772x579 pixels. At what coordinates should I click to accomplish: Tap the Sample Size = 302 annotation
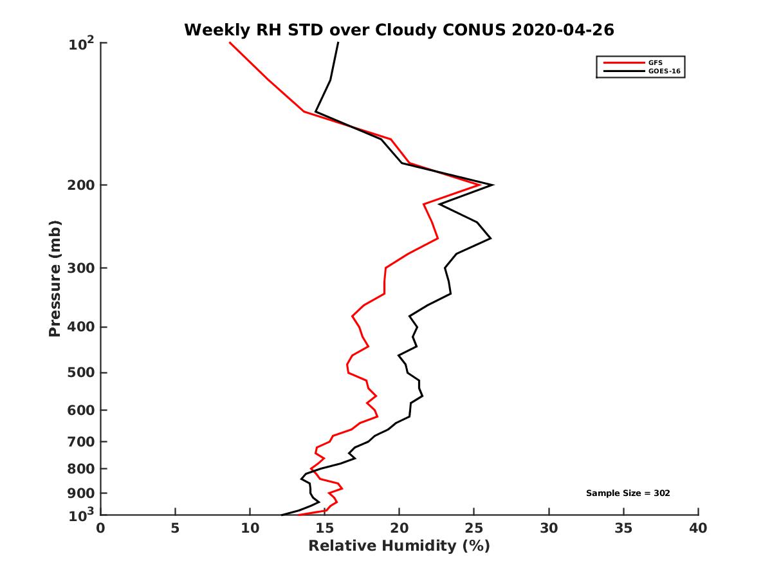coord(628,493)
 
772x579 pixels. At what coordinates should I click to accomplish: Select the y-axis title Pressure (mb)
coord(55,279)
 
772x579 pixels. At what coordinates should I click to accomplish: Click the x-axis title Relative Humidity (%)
coord(399,546)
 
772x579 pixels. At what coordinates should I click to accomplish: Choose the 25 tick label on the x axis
coord(474,528)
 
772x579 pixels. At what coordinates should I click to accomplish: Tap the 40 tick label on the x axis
coord(698,528)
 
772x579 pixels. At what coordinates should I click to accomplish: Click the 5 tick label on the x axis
coord(176,528)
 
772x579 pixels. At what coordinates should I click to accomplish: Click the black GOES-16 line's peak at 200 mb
coord(493,185)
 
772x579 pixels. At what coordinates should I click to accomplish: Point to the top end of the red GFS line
coord(230,43)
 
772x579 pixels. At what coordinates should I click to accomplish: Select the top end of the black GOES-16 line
coord(338,43)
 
